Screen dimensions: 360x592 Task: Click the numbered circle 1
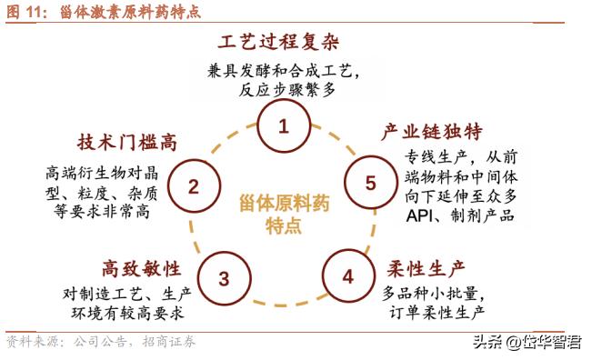pos(283,126)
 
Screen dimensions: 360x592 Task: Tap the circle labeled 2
pos(194,187)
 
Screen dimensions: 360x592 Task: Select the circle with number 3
pos(224,278)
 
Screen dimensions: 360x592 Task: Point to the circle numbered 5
pos(370,183)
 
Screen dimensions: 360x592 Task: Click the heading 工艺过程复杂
pos(285,42)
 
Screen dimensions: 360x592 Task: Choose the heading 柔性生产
pos(426,268)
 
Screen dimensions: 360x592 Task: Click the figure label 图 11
pos(27,12)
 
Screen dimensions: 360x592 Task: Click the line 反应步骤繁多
pos(284,90)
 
